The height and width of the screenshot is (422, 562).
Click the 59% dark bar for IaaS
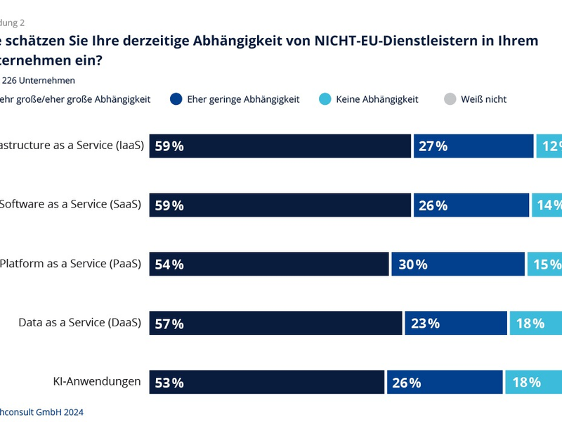[280, 146]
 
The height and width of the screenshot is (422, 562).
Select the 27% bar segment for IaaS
[473, 146]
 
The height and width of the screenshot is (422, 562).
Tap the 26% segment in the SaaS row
[471, 205]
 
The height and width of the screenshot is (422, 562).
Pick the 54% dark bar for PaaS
[269, 264]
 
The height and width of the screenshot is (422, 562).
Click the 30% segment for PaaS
[458, 264]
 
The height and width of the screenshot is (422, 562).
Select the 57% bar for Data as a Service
[275, 324]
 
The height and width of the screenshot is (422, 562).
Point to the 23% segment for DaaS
[456, 324]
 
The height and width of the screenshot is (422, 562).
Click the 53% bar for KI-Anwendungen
[267, 383]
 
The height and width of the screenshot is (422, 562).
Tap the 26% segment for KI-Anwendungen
[445, 383]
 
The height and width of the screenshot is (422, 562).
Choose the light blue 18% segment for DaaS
[535, 324]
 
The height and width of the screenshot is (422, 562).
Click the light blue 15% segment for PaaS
[544, 264]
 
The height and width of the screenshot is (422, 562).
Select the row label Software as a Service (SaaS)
[70, 205]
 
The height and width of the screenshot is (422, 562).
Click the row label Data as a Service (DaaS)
[79, 323]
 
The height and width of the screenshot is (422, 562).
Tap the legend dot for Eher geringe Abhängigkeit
[176, 99]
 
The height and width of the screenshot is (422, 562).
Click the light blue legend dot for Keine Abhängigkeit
[325, 99]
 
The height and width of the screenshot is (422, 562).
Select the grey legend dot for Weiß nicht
[450, 99]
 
